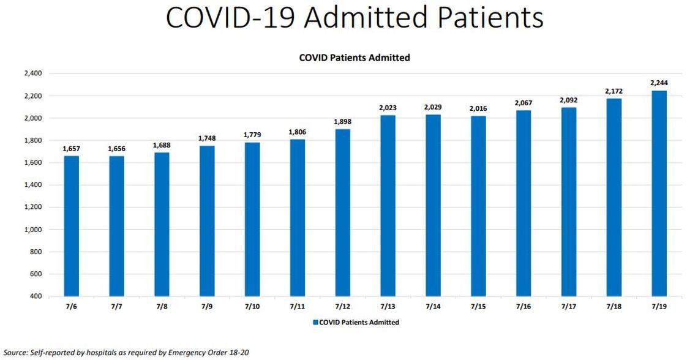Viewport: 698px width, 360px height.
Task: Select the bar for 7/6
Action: click(x=72, y=227)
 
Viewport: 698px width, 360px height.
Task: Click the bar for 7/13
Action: click(x=388, y=206)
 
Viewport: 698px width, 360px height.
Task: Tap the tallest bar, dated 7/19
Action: click(x=659, y=193)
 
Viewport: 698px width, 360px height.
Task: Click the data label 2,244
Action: click(x=659, y=83)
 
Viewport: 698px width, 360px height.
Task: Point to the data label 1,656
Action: click(x=116, y=149)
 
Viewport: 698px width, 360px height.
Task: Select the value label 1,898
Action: click(x=343, y=121)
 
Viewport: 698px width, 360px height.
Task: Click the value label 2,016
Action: click(x=478, y=108)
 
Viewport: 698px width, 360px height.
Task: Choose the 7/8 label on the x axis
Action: click(x=162, y=307)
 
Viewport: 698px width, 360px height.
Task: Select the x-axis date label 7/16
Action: click(x=523, y=307)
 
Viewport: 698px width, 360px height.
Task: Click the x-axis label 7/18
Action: click(x=614, y=307)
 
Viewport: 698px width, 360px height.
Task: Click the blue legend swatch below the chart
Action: click(x=315, y=322)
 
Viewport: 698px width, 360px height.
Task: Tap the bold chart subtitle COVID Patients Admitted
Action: click(x=354, y=58)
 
